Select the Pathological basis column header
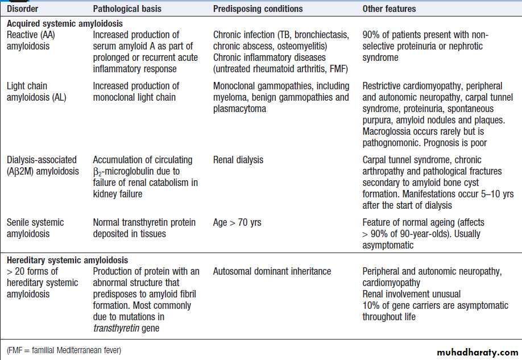pos(127,9)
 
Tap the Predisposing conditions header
pos(258,9)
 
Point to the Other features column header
pos(389,9)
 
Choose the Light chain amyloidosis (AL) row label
pos(36,92)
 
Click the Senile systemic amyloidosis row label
pos(35,227)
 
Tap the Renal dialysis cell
pos(238,160)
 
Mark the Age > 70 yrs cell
pos(237,222)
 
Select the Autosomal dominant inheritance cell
pos(272,271)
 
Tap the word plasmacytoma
pos(239,109)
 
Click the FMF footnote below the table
pos(64,349)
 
